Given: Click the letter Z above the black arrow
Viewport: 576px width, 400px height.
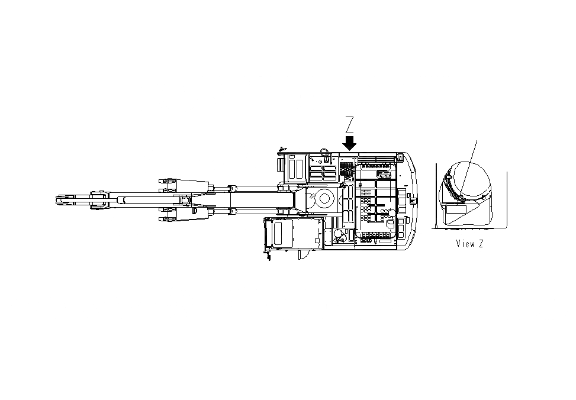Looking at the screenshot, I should tap(350, 125).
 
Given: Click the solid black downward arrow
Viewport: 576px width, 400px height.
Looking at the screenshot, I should tap(350, 143).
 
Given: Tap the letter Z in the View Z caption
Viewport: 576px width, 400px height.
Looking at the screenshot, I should tap(480, 243).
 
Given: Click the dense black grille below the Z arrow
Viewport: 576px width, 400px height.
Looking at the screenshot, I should tap(347, 172).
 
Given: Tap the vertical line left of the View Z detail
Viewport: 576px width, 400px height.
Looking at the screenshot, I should tap(436, 195).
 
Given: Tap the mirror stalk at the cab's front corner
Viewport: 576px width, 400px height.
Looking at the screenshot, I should tap(268, 256).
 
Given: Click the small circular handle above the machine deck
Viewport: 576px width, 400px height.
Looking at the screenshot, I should tap(324, 150).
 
